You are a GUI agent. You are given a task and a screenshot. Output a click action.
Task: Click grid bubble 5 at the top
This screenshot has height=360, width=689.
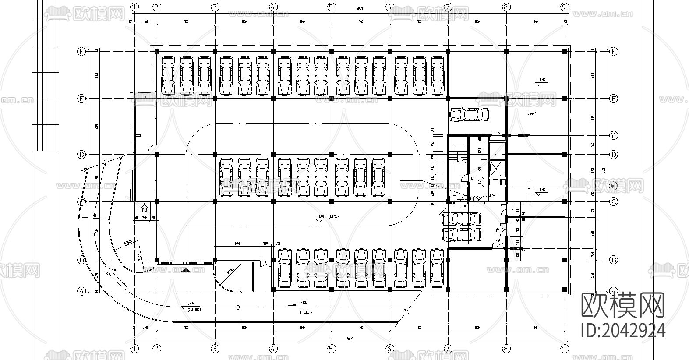coord(331,7)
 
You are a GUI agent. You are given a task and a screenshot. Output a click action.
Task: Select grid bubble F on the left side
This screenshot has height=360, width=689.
coord(81,51)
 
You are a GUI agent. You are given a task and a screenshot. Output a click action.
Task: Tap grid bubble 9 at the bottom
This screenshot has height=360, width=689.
coord(565,349)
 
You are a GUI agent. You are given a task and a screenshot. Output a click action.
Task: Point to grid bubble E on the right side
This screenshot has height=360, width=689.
coord(613,99)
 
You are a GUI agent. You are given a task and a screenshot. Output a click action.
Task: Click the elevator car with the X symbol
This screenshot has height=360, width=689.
coord(497,168)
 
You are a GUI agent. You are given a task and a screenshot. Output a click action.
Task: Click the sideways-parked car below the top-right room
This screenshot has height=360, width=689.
coord(469,114)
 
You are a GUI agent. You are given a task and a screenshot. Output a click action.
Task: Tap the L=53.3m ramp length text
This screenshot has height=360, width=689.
coord(303,312)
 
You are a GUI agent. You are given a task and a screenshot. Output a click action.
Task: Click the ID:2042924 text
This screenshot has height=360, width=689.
coord(622,330)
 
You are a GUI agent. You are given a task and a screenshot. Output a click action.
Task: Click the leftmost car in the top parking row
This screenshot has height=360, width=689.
coord(169,75)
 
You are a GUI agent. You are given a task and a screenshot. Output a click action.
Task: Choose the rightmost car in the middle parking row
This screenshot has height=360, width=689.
coord(378,177)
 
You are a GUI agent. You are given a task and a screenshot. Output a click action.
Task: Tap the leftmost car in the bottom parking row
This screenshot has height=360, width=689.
coord(285,268)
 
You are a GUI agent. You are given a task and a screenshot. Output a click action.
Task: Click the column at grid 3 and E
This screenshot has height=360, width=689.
coord(215,99)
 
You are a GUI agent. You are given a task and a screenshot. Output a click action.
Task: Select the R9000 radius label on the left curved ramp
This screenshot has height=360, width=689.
coord(128,242)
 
